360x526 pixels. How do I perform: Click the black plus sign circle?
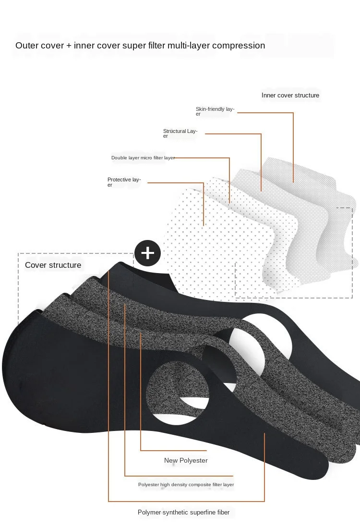click(147, 252)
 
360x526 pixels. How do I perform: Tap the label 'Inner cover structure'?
click(290, 95)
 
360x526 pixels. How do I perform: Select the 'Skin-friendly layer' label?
click(215, 111)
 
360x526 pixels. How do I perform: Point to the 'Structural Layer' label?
click(180, 133)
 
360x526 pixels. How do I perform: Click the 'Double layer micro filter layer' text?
click(143, 157)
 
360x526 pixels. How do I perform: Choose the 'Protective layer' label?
click(124, 182)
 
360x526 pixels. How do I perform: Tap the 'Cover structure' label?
click(53, 265)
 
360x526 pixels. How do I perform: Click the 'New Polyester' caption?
click(186, 460)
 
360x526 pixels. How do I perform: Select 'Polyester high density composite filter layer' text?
click(186, 485)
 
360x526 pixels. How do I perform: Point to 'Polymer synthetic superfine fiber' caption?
click(183, 512)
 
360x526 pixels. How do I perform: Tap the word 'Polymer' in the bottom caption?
click(150, 512)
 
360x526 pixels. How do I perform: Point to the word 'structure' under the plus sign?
click(66, 265)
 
